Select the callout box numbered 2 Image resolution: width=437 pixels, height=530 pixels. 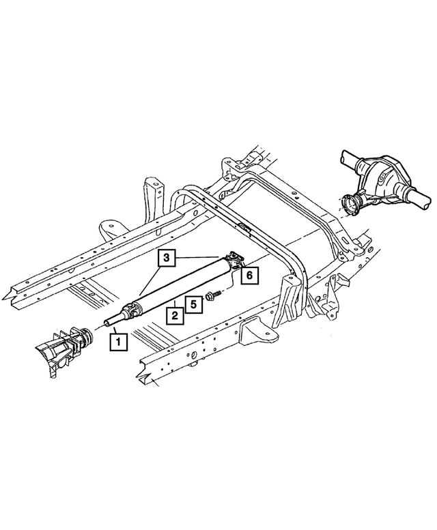tap(175, 314)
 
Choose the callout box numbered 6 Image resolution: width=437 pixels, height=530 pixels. tap(250, 275)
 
